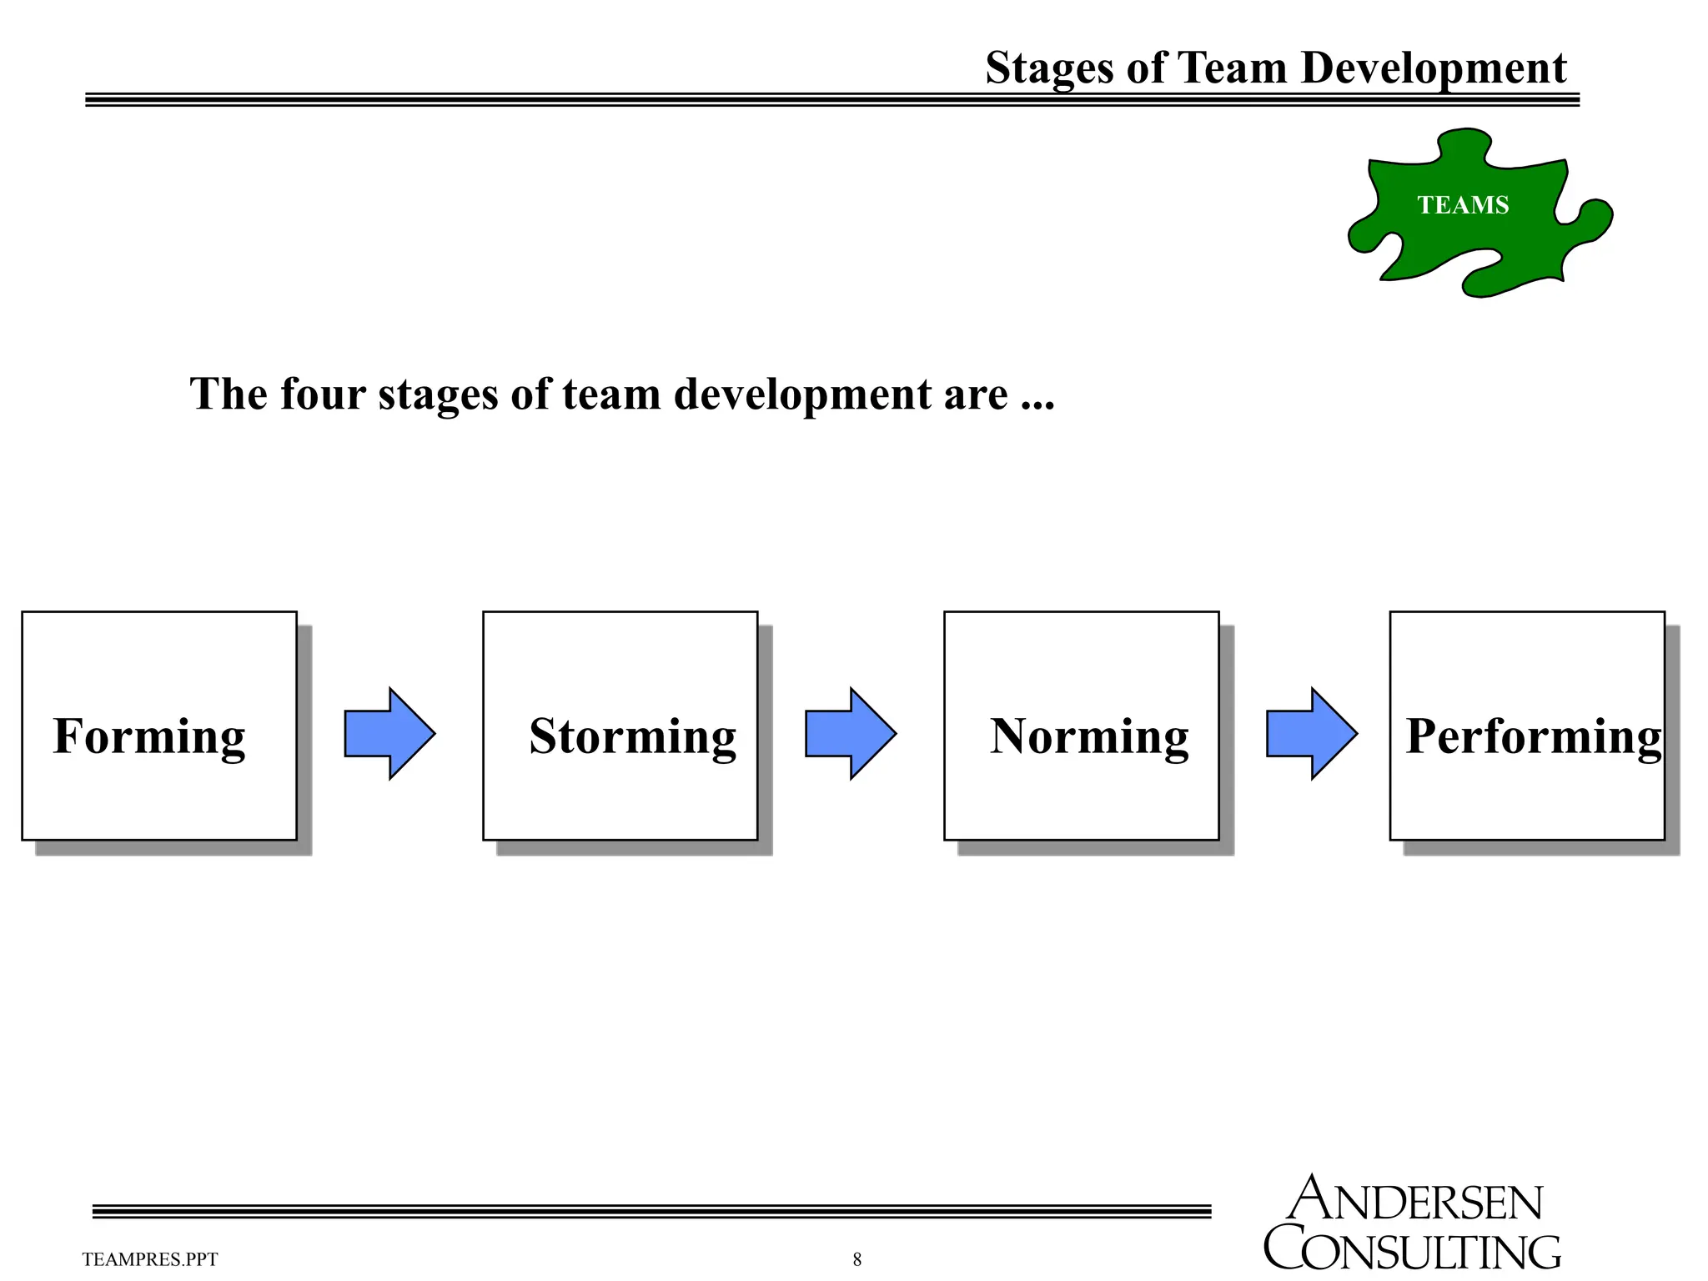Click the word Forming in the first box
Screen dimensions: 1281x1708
[149, 736]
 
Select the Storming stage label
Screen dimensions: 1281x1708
[632, 736]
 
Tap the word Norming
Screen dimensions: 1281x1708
[1088, 736]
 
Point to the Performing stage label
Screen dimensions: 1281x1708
[1533, 736]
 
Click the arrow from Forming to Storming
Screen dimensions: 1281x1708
[389, 734]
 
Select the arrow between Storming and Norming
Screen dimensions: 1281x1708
[851, 734]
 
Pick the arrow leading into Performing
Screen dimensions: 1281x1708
[1312, 734]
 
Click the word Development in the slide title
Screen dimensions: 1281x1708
[1434, 68]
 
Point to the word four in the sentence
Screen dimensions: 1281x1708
[323, 394]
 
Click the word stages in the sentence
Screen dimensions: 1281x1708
[438, 395]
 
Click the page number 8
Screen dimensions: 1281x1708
[857, 1259]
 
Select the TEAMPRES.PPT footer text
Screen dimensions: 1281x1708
[150, 1259]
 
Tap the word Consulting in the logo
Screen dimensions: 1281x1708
[1412, 1250]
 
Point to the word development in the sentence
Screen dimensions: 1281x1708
[801, 395]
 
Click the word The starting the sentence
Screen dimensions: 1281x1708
[229, 394]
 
